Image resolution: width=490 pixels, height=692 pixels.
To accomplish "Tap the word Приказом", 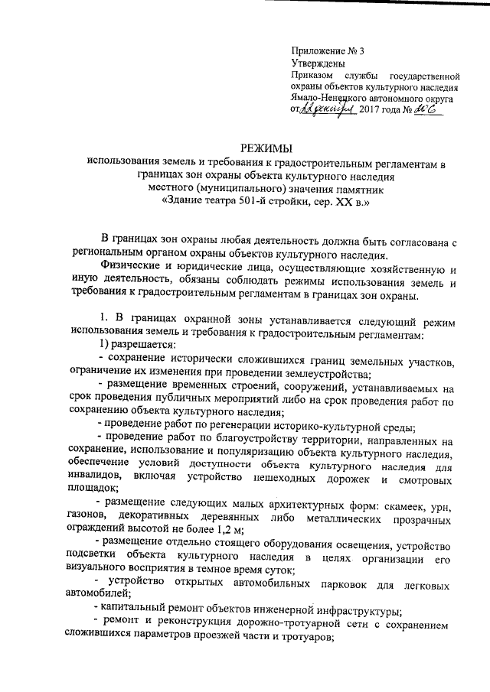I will point(312,76).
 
